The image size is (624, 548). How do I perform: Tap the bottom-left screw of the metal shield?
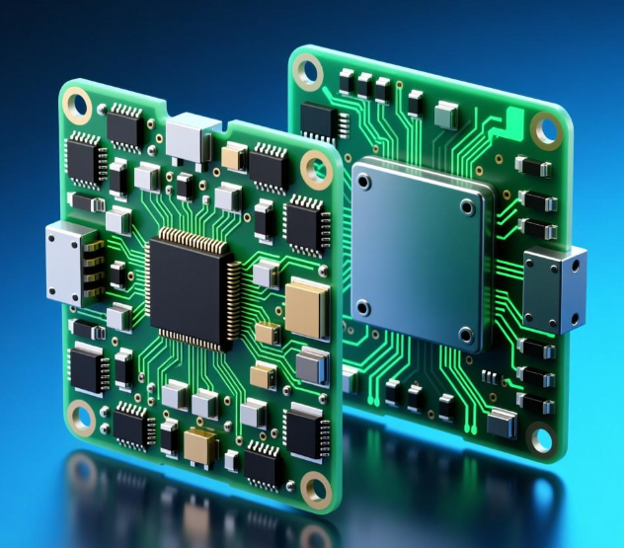click(361, 305)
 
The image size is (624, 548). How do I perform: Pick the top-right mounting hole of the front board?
click(318, 175)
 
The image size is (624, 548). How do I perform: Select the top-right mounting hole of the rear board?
click(545, 129)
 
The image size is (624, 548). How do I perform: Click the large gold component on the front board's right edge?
click(306, 306)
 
